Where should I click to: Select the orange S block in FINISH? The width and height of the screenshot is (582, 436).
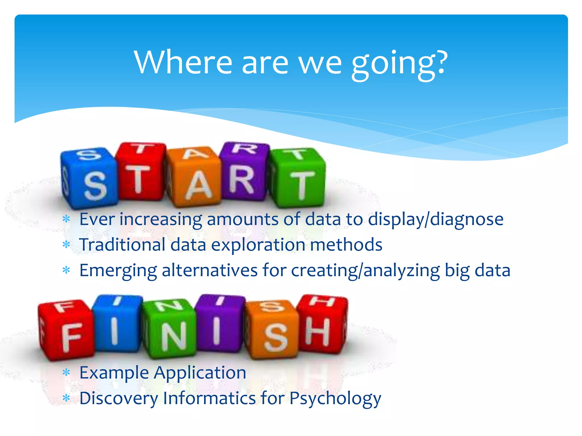273,331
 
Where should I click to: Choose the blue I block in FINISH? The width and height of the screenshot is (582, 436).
117,324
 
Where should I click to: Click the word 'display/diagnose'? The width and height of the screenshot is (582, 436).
436,219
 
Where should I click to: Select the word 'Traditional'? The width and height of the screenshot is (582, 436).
122,245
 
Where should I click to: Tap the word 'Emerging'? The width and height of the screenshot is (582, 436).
118,271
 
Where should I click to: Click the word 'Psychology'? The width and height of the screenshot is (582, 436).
335,398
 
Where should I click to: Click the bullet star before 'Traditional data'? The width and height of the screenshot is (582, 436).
66,244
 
